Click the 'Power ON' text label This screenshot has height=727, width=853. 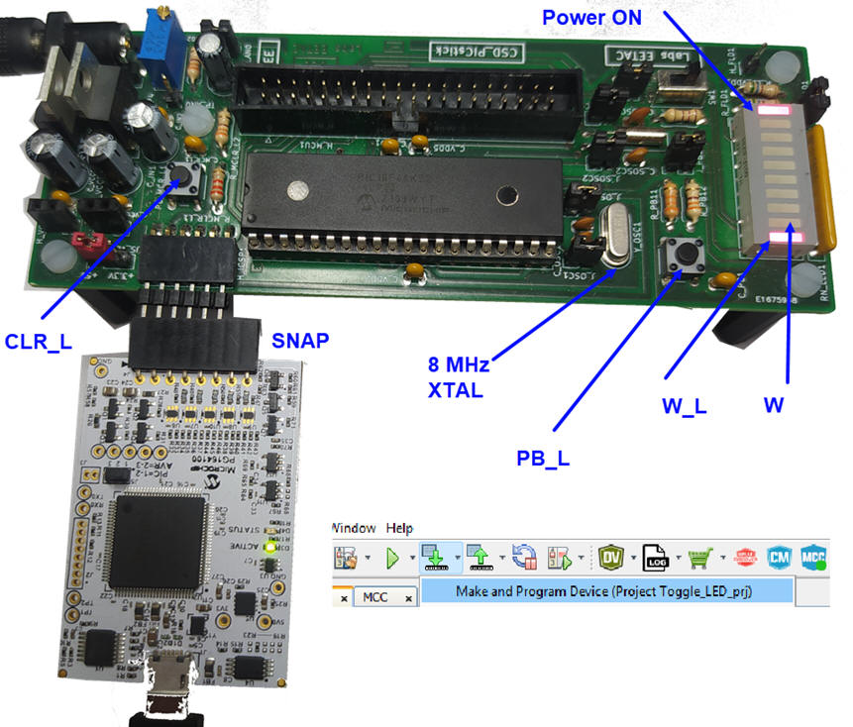tap(591, 17)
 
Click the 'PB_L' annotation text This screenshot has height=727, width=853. tap(543, 458)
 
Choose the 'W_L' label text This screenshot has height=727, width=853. tap(685, 405)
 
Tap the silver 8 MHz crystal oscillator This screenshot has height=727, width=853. tap(612, 237)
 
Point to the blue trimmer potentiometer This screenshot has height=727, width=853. tap(157, 45)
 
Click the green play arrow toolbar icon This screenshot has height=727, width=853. tap(393, 558)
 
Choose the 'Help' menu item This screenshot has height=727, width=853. tap(399, 528)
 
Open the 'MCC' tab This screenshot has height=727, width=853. tap(375, 596)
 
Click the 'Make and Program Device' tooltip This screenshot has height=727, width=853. tap(606, 591)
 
